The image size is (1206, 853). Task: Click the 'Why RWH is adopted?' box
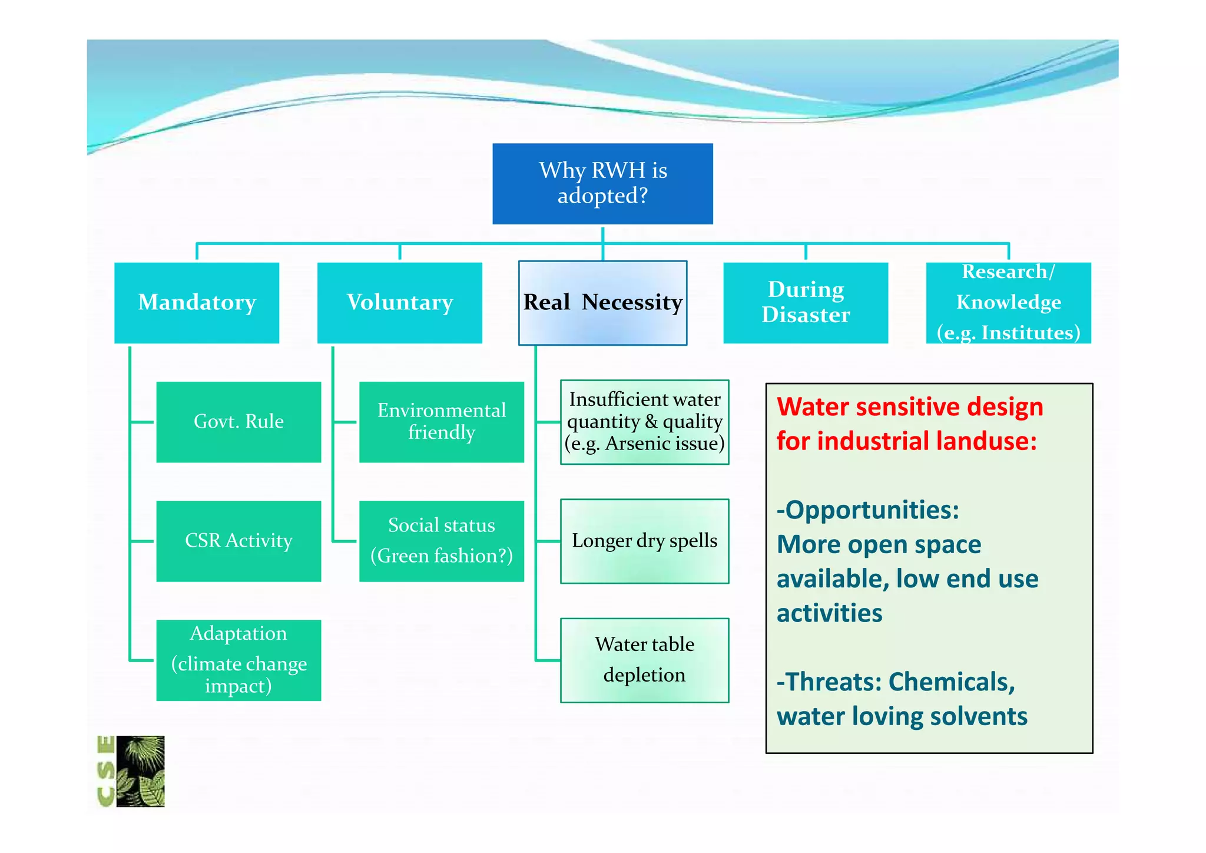(x=602, y=183)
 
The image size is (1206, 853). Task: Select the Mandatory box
(x=197, y=303)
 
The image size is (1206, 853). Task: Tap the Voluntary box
(x=399, y=303)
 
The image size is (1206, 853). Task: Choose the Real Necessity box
(x=602, y=303)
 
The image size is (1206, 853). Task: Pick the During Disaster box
(x=805, y=303)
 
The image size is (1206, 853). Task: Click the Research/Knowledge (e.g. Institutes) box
(x=1008, y=303)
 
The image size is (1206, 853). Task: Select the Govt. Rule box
(x=238, y=422)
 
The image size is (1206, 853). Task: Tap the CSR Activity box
(x=238, y=541)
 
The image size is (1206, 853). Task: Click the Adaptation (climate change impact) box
(x=238, y=660)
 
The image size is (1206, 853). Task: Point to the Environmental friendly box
(x=441, y=422)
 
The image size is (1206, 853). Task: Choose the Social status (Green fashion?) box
(x=441, y=541)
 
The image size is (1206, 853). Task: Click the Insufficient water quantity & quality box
(x=644, y=422)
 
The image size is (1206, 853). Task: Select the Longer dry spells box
(x=644, y=541)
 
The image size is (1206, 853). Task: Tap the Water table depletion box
(x=644, y=660)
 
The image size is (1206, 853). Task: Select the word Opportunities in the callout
(x=872, y=510)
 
